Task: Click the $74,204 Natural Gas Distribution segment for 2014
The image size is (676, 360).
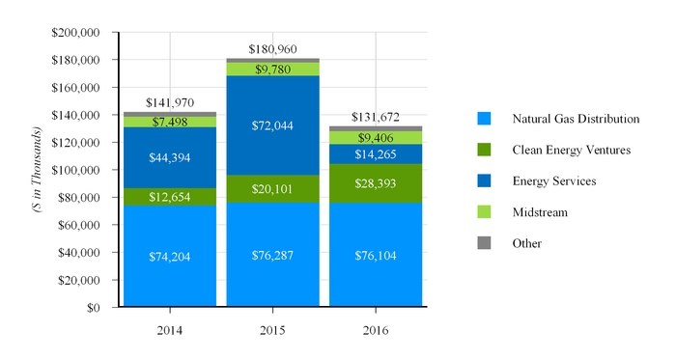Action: (x=169, y=257)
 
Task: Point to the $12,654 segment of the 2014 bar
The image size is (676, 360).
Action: (x=169, y=197)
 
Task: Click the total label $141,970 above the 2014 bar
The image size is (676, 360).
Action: (x=169, y=102)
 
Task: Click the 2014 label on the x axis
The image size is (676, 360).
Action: (x=169, y=330)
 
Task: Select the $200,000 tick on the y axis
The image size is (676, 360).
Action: (x=75, y=32)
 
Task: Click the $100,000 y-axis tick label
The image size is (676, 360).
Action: (x=75, y=170)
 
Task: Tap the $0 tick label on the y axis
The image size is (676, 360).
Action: (x=91, y=308)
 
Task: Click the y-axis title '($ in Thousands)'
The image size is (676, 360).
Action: (x=37, y=170)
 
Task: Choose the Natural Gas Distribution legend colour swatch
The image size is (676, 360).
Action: (x=485, y=119)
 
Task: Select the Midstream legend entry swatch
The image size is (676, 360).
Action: (x=485, y=211)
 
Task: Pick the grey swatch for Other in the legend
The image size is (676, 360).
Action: (x=485, y=242)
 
